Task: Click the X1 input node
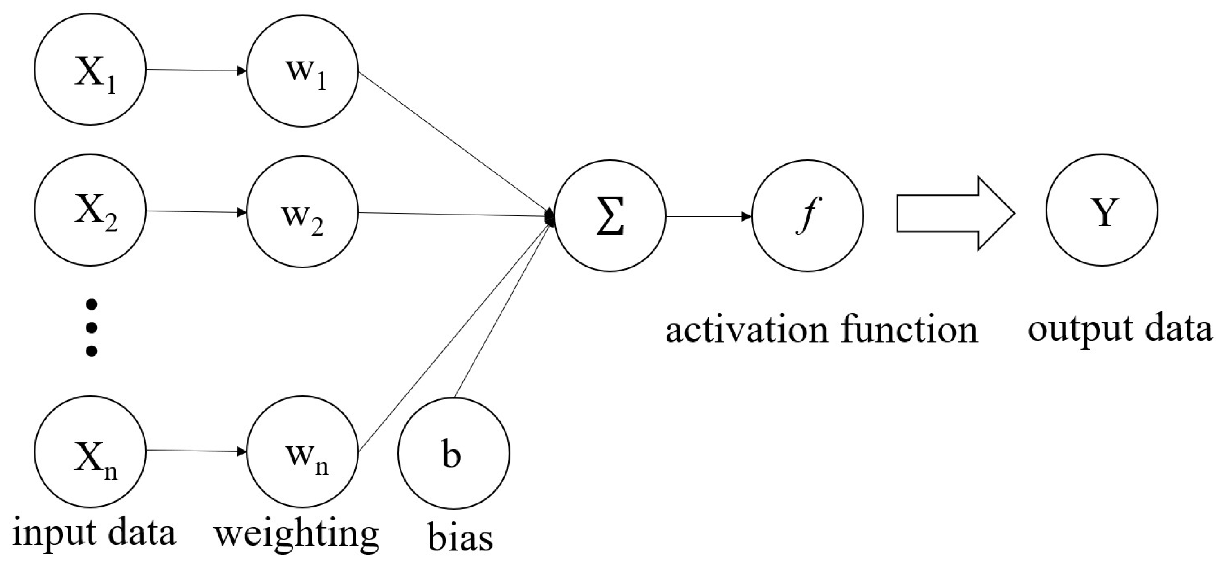[90, 70]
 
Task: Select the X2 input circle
[90, 210]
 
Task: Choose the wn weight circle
[302, 452]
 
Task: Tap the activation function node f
[807, 216]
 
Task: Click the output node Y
[1102, 210]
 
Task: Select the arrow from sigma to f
[708, 216]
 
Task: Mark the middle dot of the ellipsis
[91, 328]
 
